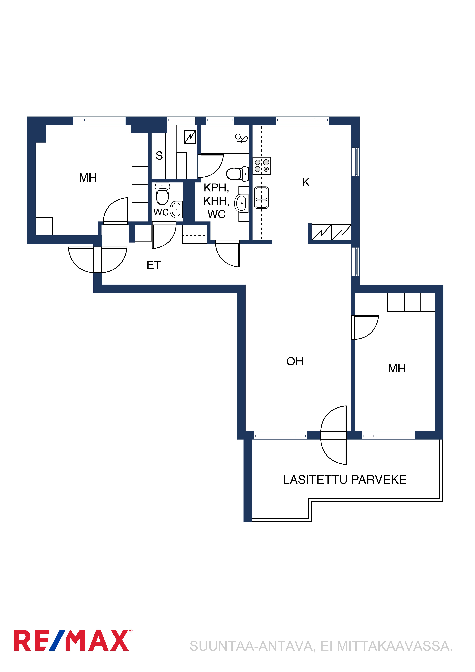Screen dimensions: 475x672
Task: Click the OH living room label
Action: pos(295,361)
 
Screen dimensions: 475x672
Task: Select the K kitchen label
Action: pos(306,182)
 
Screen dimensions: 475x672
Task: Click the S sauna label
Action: pos(159,156)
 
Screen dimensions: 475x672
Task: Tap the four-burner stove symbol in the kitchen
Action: pos(262,166)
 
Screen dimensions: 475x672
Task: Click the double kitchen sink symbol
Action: pos(261,198)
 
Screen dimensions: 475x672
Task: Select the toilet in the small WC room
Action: pos(162,194)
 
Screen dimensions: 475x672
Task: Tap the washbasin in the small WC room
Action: pos(176,209)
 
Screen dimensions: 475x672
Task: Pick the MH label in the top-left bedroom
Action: pos(88,178)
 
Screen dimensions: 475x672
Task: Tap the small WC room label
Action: pos(161,212)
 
